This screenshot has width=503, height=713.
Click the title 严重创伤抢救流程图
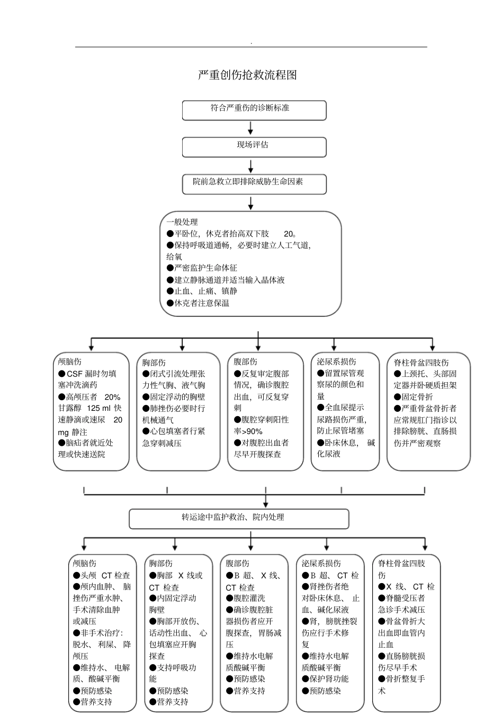247,75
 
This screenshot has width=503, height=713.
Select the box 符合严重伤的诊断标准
254,110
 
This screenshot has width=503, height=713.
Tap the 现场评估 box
254,147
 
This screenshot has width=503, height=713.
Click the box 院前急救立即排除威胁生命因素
254,183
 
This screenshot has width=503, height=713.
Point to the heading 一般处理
182,222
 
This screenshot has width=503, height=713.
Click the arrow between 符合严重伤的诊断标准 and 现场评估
250,128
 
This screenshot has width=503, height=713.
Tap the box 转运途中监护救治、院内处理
239,518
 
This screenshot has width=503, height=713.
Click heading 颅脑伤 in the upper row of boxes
70,362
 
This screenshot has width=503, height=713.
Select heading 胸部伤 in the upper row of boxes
154,363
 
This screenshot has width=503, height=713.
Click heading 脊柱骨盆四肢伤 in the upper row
421,363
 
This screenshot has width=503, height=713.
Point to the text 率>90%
248,431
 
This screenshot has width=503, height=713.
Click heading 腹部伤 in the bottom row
237,564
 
